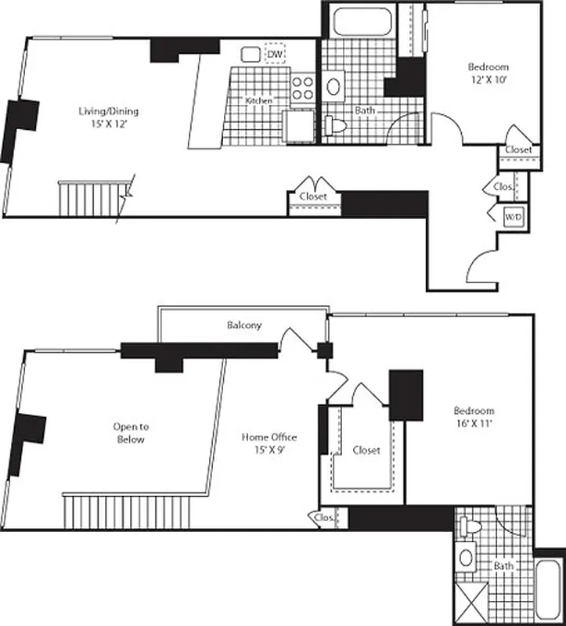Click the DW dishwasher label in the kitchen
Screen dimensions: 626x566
[x=275, y=53]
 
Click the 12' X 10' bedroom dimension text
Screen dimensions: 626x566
[x=489, y=79]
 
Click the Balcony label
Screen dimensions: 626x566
[x=244, y=325]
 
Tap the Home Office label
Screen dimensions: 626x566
[x=269, y=437]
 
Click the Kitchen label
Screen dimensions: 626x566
[x=258, y=101]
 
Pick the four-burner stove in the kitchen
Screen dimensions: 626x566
[x=302, y=87]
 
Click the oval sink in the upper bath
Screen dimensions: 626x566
[x=334, y=86]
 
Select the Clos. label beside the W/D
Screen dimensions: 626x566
[x=502, y=187]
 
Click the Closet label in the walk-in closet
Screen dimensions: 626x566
[x=366, y=450]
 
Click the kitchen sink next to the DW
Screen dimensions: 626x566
[x=251, y=54]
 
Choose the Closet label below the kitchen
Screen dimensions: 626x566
[x=313, y=196]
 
